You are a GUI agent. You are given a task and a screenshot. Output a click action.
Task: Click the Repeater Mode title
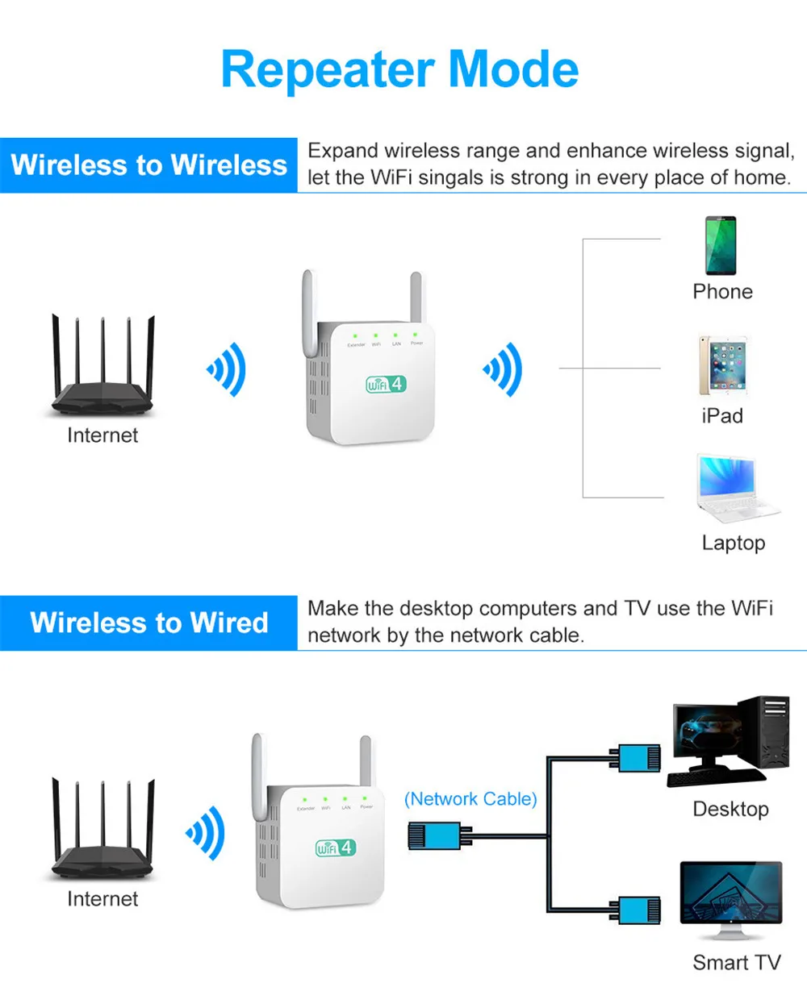(399, 69)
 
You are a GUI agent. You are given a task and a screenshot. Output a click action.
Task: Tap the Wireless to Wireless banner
(149, 165)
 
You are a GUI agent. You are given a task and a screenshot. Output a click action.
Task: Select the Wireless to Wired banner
(149, 623)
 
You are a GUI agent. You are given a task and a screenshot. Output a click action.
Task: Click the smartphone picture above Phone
(721, 246)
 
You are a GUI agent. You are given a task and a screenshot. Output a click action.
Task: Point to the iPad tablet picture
(723, 365)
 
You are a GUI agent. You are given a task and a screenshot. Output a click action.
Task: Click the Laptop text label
(733, 543)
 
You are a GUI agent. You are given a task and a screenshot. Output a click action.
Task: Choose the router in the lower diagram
(102, 831)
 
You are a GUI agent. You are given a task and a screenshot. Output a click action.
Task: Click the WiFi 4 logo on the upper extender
(385, 384)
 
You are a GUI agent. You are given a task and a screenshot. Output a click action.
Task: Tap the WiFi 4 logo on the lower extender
(335, 848)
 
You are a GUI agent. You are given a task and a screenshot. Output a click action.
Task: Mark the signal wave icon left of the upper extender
(227, 369)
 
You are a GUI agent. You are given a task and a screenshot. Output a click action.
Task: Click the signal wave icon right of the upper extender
(504, 369)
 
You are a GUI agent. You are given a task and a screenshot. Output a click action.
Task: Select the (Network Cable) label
(470, 799)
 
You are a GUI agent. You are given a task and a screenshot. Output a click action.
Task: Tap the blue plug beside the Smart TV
(638, 910)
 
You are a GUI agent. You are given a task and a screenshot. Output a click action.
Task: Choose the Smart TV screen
(731, 893)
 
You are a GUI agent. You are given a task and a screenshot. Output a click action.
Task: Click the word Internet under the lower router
(102, 899)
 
